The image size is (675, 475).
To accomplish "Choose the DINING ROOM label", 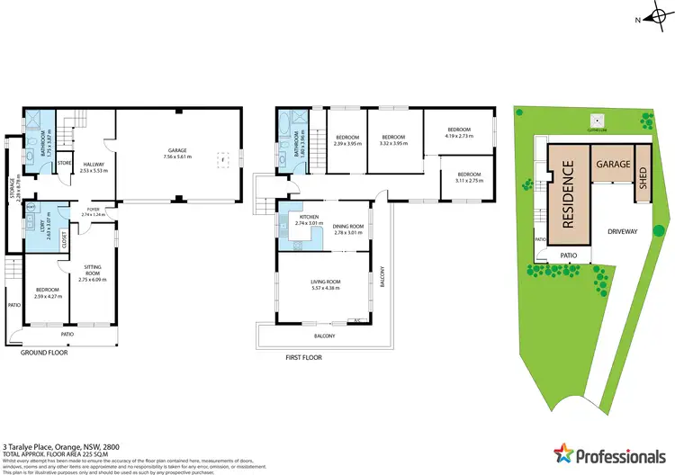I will click(x=347, y=227).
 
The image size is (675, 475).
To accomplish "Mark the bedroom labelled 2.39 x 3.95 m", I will click(x=346, y=139).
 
